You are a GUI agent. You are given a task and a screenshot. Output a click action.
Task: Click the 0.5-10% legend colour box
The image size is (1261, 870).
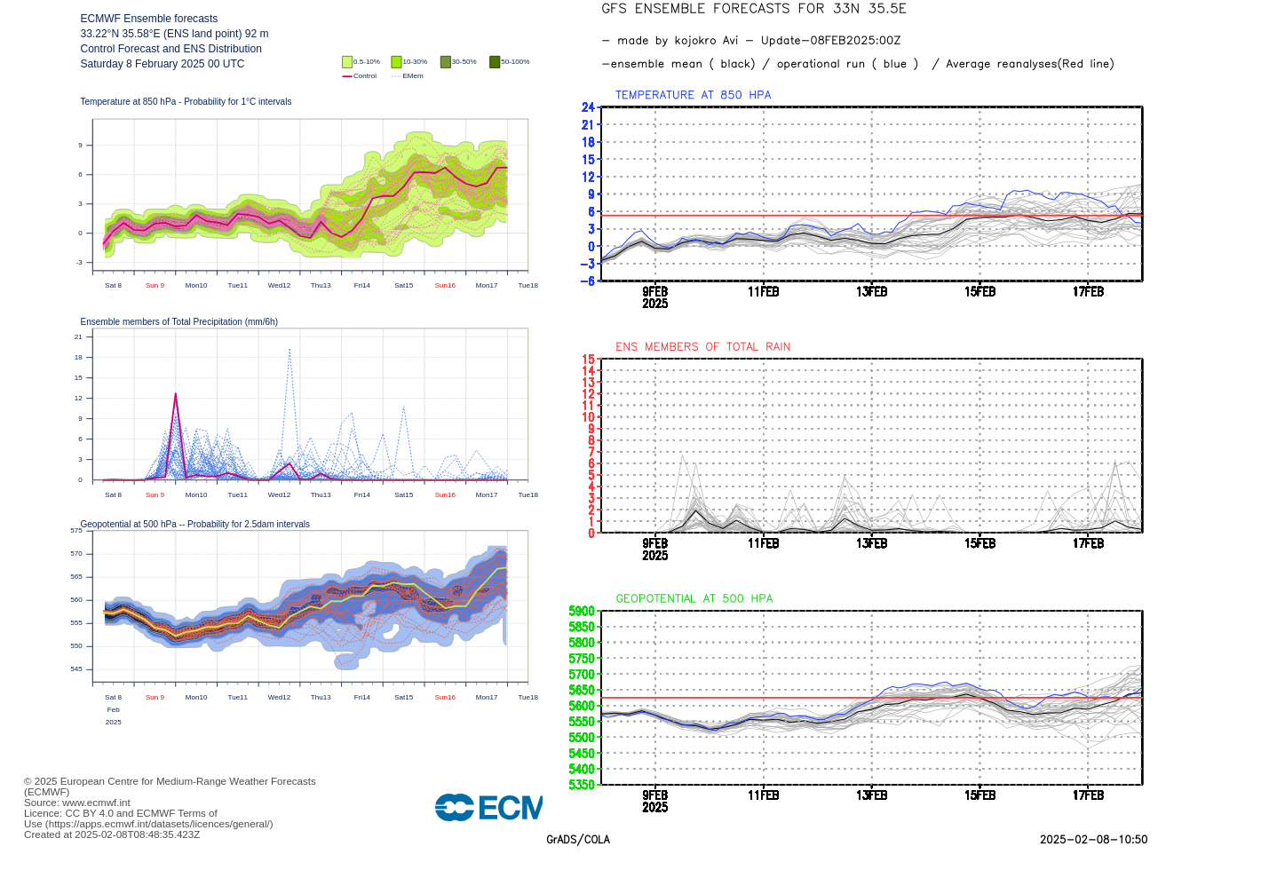click(x=347, y=62)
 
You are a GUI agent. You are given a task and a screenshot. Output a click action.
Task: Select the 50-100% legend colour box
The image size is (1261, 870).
click(x=495, y=62)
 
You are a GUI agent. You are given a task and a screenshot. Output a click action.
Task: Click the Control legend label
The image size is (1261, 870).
click(x=365, y=76)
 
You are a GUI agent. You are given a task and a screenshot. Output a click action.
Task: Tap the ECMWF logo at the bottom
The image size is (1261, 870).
click(x=488, y=807)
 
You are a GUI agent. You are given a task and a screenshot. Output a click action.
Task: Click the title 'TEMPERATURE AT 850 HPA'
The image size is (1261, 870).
click(x=693, y=95)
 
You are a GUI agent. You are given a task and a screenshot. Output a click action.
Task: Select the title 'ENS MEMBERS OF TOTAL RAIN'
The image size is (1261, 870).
click(x=702, y=347)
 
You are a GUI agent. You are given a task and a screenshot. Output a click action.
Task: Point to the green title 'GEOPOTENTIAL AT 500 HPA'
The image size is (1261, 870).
click(x=694, y=599)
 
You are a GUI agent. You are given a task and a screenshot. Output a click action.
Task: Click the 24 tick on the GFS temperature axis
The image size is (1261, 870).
click(x=588, y=107)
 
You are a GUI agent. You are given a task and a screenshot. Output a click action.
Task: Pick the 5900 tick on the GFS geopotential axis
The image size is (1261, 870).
click(x=582, y=611)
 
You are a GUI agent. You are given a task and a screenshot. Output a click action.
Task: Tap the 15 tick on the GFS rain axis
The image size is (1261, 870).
click(x=588, y=360)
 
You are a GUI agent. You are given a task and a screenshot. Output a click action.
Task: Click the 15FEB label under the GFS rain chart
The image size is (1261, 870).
click(x=979, y=543)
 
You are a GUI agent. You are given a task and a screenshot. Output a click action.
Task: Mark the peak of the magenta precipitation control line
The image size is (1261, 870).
click(x=176, y=393)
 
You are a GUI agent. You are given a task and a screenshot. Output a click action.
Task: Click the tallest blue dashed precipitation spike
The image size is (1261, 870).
click(x=289, y=350)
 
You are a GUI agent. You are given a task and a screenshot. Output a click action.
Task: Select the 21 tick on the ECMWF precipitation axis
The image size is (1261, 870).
click(x=78, y=337)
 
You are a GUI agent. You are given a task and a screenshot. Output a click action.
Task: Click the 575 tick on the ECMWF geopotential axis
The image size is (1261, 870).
click(x=76, y=531)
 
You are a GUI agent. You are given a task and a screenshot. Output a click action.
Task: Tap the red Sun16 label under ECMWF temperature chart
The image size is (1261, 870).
click(x=445, y=286)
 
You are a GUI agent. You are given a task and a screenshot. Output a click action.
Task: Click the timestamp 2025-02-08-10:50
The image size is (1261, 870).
click(x=1093, y=840)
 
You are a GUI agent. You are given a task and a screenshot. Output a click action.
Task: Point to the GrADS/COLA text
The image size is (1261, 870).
click(x=578, y=840)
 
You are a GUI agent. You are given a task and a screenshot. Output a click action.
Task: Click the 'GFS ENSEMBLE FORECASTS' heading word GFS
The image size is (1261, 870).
click(x=615, y=9)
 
